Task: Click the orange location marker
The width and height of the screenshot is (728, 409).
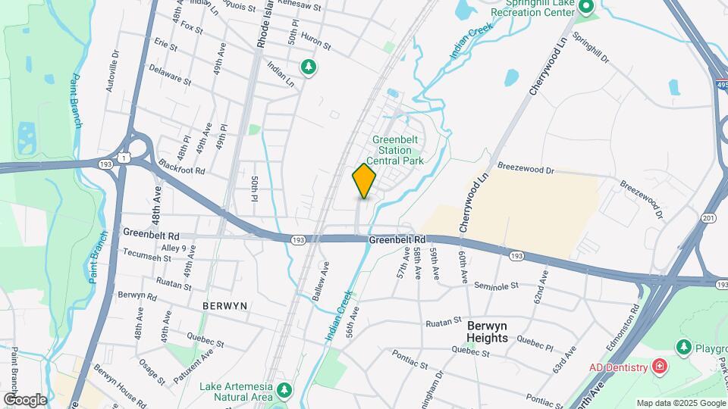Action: [364, 181]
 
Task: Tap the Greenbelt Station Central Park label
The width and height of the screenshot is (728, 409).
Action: [395, 150]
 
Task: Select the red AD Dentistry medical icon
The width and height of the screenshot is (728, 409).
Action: [660, 367]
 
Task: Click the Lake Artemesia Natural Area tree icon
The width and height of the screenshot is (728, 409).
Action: [284, 391]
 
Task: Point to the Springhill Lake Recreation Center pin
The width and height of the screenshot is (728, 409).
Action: [586, 7]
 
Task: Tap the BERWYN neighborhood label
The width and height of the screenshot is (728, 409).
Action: [225, 305]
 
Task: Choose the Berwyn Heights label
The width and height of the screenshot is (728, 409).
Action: [487, 332]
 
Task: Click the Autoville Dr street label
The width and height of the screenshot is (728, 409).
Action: [113, 71]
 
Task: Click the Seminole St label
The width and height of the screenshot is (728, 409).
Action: [496, 286]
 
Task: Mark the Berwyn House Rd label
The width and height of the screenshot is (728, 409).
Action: [121, 383]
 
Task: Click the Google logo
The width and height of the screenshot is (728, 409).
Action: [25, 399]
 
